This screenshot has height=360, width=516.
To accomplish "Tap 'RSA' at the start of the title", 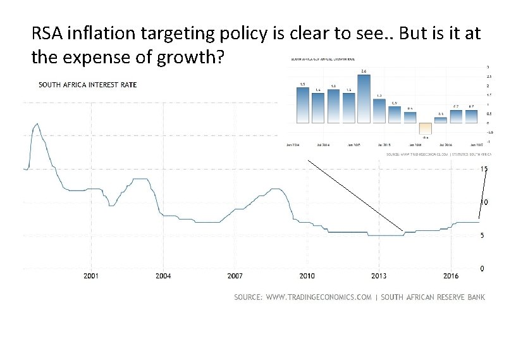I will pyautogui.click(x=47, y=34).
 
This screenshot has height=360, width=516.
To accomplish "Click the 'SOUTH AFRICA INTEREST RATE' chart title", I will pyautogui.click(x=87, y=85).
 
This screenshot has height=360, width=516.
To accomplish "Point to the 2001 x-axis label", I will pyautogui.click(x=91, y=276).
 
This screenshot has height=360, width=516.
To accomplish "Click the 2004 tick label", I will pyautogui.click(x=163, y=276).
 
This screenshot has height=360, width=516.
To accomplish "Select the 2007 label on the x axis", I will pyautogui.click(x=235, y=276).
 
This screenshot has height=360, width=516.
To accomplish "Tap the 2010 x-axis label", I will pyautogui.click(x=307, y=276).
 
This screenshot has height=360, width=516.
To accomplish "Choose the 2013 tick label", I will pyautogui.click(x=379, y=276).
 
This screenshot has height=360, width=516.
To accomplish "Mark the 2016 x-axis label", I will pyautogui.click(x=450, y=276).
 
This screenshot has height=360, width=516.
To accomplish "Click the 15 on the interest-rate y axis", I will pyautogui.click(x=484, y=169).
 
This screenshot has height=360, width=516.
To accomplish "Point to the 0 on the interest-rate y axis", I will pyautogui.click(x=482, y=269).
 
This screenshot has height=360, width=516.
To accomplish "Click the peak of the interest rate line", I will pyautogui.click(x=37, y=124).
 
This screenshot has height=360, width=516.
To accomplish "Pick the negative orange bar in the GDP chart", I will pyautogui.click(x=425, y=129).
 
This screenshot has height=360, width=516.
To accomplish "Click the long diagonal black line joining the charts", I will pyautogui.click(x=355, y=195).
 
